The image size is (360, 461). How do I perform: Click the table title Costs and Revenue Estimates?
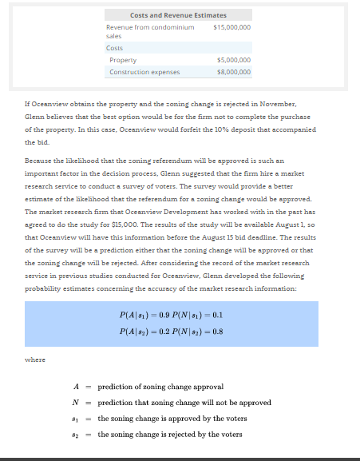coord(178,15)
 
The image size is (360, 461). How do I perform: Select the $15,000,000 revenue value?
coord(232,27)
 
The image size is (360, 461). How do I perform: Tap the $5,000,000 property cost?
coord(234,60)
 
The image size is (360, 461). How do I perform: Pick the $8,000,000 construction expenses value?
coord(234,72)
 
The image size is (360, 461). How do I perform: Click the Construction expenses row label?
coord(144,72)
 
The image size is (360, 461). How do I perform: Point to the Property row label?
coord(123,60)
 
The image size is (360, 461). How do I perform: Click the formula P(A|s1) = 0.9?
coord(144,316)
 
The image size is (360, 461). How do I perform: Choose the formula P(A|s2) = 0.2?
coord(144,331)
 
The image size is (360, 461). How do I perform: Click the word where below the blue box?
coord(35,360)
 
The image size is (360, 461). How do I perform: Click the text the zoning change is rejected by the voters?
coord(170,435)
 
